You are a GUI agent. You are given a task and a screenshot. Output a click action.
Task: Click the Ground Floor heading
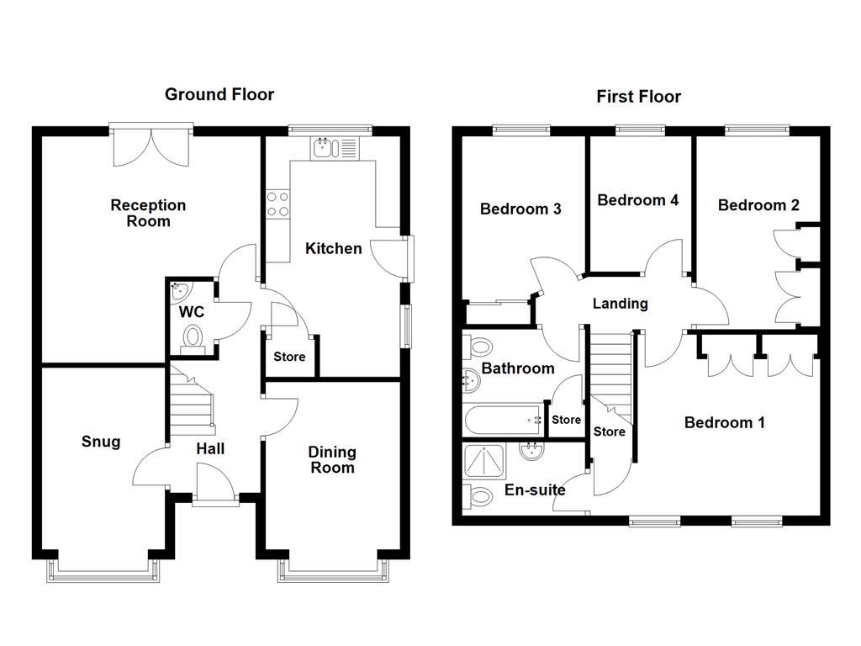pyautogui.click(x=219, y=94)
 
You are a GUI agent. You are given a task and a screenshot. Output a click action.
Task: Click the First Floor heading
pyautogui.click(x=638, y=97)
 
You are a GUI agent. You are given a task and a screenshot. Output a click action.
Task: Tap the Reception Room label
pyautogui.click(x=148, y=213)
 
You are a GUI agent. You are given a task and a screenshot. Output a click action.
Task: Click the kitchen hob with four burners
pyautogui.click(x=277, y=204)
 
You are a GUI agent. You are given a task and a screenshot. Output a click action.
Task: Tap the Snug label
pyautogui.click(x=101, y=442)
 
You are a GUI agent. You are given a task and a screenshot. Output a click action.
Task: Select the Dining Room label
pyautogui.click(x=332, y=460)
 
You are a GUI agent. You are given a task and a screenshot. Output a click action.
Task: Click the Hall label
pyautogui.click(x=210, y=449)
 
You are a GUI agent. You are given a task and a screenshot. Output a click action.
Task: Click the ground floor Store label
pyautogui.click(x=289, y=357)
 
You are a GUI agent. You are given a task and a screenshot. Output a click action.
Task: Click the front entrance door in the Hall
pyautogui.click(x=214, y=485)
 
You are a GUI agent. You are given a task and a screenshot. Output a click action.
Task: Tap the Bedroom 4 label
pyautogui.click(x=637, y=200)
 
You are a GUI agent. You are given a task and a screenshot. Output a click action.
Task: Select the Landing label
pyautogui.click(x=621, y=304)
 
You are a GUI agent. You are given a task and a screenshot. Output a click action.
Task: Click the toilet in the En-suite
pyautogui.click(x=479, y=496)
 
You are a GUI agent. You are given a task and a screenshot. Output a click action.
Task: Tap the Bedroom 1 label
pyautogui.click(x=724, y=422)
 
